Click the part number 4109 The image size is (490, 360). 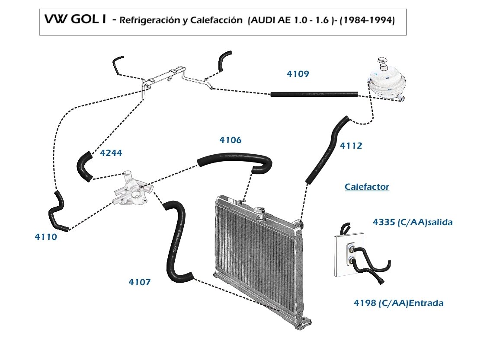298,74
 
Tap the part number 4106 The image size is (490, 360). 231,140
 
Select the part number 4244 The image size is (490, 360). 111,153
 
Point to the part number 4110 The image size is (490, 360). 46,237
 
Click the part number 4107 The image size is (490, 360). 139,282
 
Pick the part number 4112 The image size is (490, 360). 351,146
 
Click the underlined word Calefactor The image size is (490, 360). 367,187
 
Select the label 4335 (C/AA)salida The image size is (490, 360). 413,222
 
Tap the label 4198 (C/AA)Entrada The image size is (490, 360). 398,303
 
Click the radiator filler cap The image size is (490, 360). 259,211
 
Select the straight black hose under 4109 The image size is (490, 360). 314,94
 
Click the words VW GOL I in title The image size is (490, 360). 75,19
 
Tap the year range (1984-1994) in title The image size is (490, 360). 367,20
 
